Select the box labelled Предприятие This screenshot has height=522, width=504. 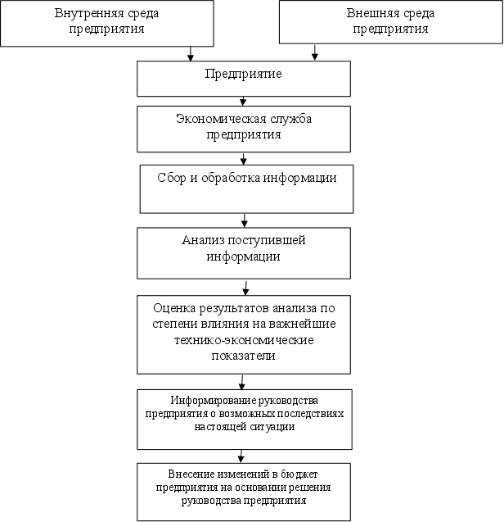[243, 79]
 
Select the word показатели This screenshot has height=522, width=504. [243, 356]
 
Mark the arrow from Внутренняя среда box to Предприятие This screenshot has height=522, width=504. [190, 52]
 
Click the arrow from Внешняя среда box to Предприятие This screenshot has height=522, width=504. [314, 52]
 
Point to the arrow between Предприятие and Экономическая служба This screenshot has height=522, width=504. [243, 100]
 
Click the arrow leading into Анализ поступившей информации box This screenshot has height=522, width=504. [245, 220]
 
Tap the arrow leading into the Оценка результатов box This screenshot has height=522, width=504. [245, 287]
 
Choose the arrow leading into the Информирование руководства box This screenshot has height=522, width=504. [242, 382]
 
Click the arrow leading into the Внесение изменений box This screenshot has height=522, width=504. [241, 456]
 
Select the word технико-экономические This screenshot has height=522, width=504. [243, 340]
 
